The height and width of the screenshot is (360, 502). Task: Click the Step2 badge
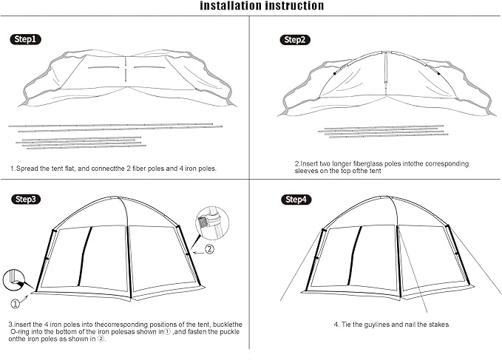294,39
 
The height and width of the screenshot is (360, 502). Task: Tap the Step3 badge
27,199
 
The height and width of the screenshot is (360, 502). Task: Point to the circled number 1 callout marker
15,302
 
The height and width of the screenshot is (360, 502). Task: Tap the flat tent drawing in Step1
126,81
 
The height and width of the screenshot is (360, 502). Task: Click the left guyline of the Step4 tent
300,266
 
